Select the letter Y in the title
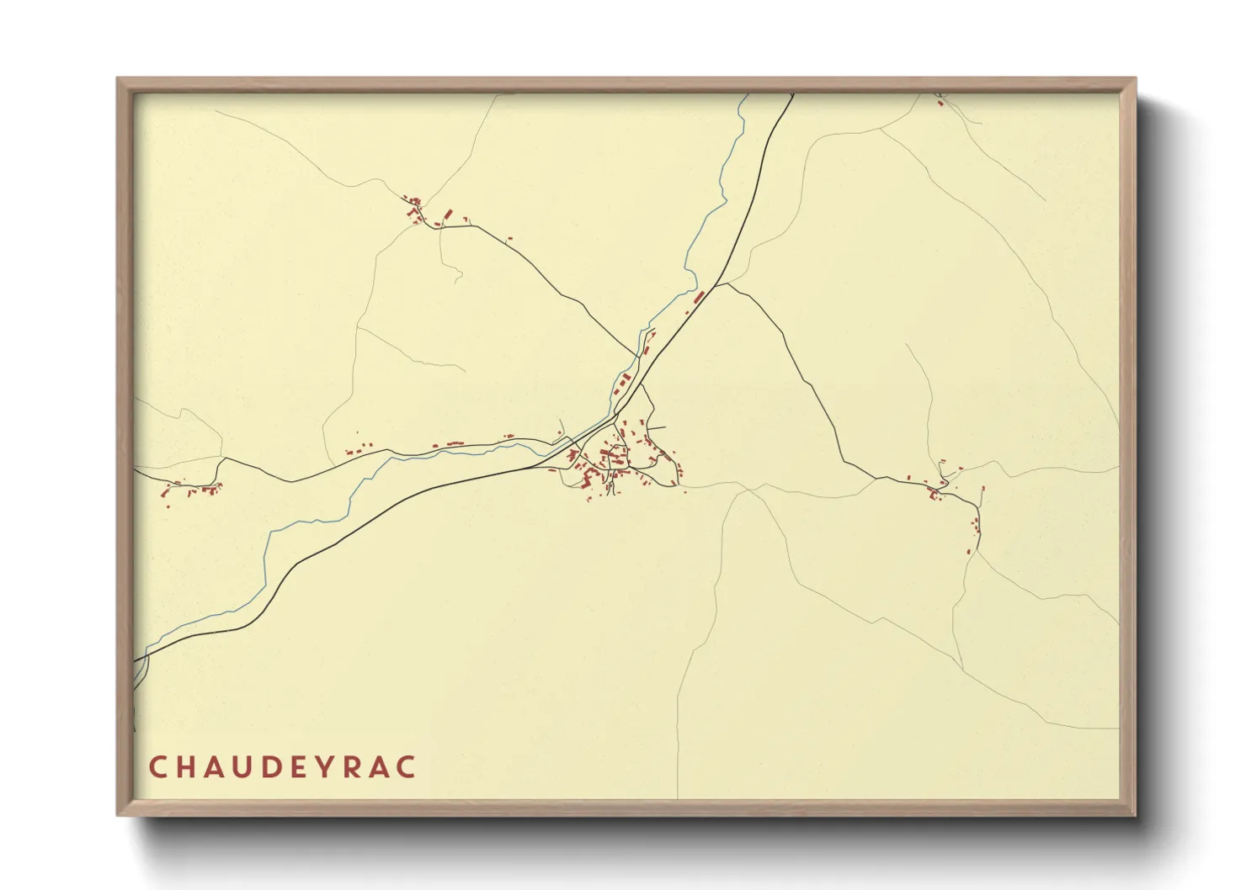320,767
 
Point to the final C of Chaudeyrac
407,767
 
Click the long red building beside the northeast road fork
698,297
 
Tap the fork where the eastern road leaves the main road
716,285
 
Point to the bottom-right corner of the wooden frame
1135,814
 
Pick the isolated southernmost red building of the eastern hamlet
968,552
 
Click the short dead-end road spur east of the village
658,427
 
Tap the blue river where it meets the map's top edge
746,95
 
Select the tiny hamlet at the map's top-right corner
940,97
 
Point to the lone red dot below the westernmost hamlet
168,506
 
